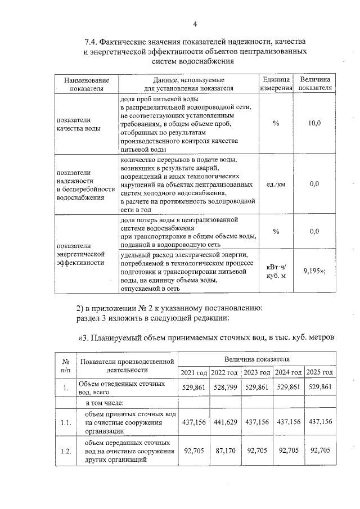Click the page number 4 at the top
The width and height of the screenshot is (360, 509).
click(195, 24)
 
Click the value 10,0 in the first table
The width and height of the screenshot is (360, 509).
click(314, 123)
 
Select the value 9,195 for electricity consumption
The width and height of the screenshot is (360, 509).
click(314, 271)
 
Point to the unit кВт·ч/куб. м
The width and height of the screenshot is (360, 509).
click(276, 271)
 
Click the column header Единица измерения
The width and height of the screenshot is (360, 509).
click(276, 84)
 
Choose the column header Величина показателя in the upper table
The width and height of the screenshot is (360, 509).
click(315, 84)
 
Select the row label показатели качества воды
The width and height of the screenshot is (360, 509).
click(79, 124)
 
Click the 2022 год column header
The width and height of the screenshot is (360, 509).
click(224, 373)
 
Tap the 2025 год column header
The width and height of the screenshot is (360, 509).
click(320, 373)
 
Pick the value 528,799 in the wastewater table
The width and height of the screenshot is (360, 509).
click(224, 388)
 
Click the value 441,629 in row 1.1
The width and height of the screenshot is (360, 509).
click(224, 422)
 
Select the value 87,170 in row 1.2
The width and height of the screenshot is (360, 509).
click(224, 451)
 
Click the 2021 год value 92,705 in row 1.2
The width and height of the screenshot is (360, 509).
click(193, 451)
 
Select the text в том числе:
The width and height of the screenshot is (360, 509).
click(109, 403)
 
